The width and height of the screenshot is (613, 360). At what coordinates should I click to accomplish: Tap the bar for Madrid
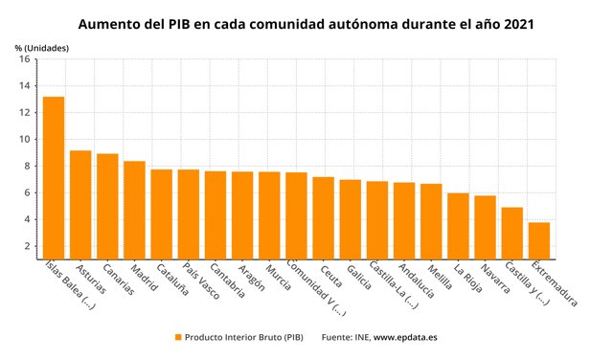tap(134, 210)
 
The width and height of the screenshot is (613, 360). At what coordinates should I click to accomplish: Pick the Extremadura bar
tap(539, 240)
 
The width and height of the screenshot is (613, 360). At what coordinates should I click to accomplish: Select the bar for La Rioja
tap(458, 225)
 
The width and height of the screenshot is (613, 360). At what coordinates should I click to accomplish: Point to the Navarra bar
tap(486, 227)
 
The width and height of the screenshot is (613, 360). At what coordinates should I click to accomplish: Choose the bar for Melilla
tap(431, 220)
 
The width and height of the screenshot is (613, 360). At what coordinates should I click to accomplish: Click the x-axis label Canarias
tap(117, 280)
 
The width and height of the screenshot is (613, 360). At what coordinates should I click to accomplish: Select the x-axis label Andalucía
tap(415, 282)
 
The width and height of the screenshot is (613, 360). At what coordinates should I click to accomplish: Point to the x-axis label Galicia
tap(361, 279)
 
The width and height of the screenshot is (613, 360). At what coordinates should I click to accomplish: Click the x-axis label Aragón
tap(252, 279)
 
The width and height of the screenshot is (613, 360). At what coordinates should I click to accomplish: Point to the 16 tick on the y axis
tap(24, 58)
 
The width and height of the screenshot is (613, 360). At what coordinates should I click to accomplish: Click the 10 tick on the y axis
tap(24, 139)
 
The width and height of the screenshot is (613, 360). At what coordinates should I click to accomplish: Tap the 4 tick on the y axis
tap(27, 219)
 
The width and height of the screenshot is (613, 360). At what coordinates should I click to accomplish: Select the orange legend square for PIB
tap(178, 337)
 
